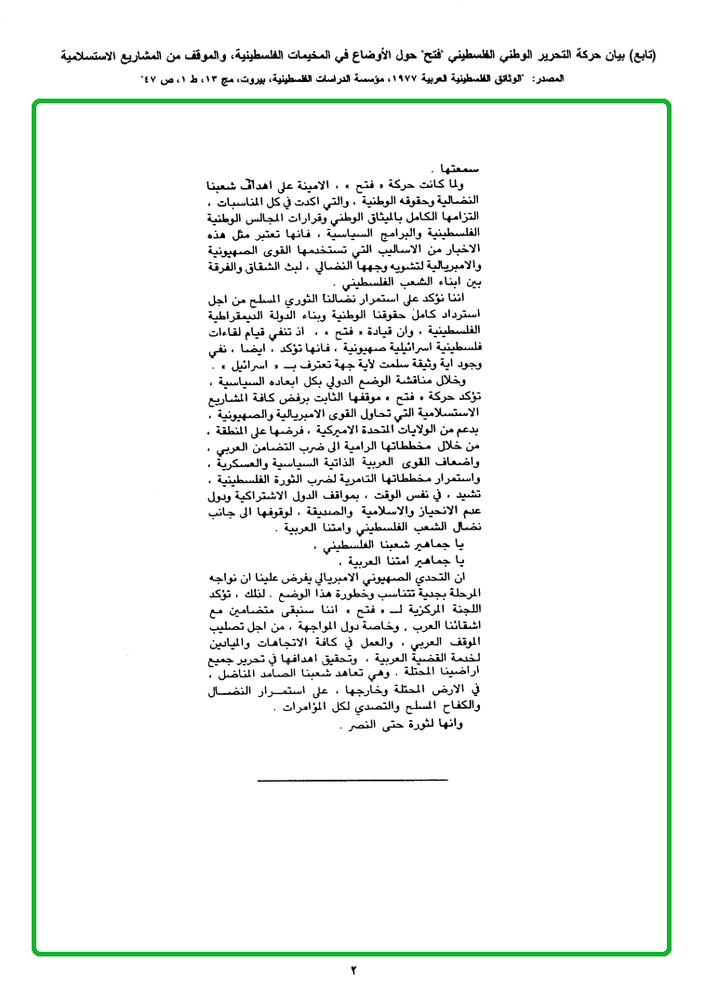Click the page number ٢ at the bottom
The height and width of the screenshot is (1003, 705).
click(354, 972)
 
